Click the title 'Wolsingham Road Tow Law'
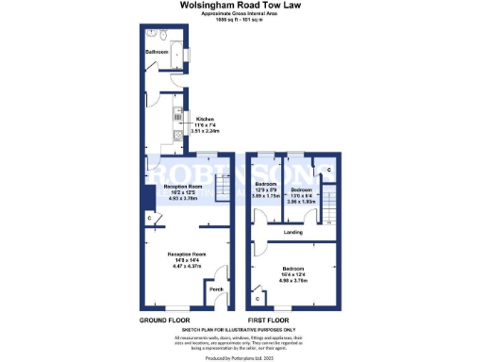(241, 5)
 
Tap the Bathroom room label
(157, 53)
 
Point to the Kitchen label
(204, 119)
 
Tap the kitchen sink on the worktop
(176, 117)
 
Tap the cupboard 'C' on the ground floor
(150, 220)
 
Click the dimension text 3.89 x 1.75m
(270, 195)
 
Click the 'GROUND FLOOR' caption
(160, 320)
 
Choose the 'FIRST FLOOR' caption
(267, 320)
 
